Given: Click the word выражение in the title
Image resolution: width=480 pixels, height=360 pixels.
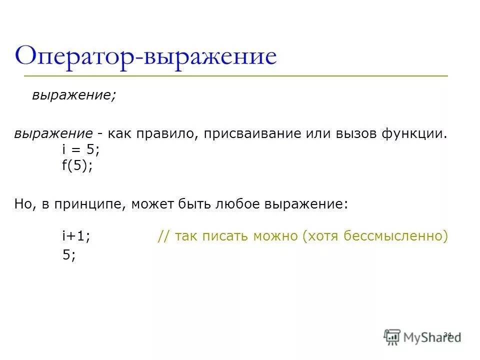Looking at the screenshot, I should [x=209, y=56].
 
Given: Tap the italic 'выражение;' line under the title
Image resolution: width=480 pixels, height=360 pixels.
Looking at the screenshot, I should [x=74, y=95].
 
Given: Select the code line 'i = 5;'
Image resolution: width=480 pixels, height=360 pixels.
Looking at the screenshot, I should [x=77, y=150].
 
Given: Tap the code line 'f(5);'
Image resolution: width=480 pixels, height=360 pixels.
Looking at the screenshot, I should [x=77, y=166].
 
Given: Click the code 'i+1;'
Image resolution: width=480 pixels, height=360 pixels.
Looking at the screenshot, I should [x=76, y=237].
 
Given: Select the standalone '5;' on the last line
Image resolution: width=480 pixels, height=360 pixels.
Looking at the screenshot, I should [x=69, y=255].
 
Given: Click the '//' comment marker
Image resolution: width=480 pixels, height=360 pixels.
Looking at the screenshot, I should [x=163, y=237].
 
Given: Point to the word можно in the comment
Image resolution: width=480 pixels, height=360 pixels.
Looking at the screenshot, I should [x=276, y=237].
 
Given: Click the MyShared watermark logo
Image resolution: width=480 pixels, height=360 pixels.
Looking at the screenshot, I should [x=422, y=336].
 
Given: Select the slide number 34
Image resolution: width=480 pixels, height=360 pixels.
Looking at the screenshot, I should [x=447, y=334].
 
